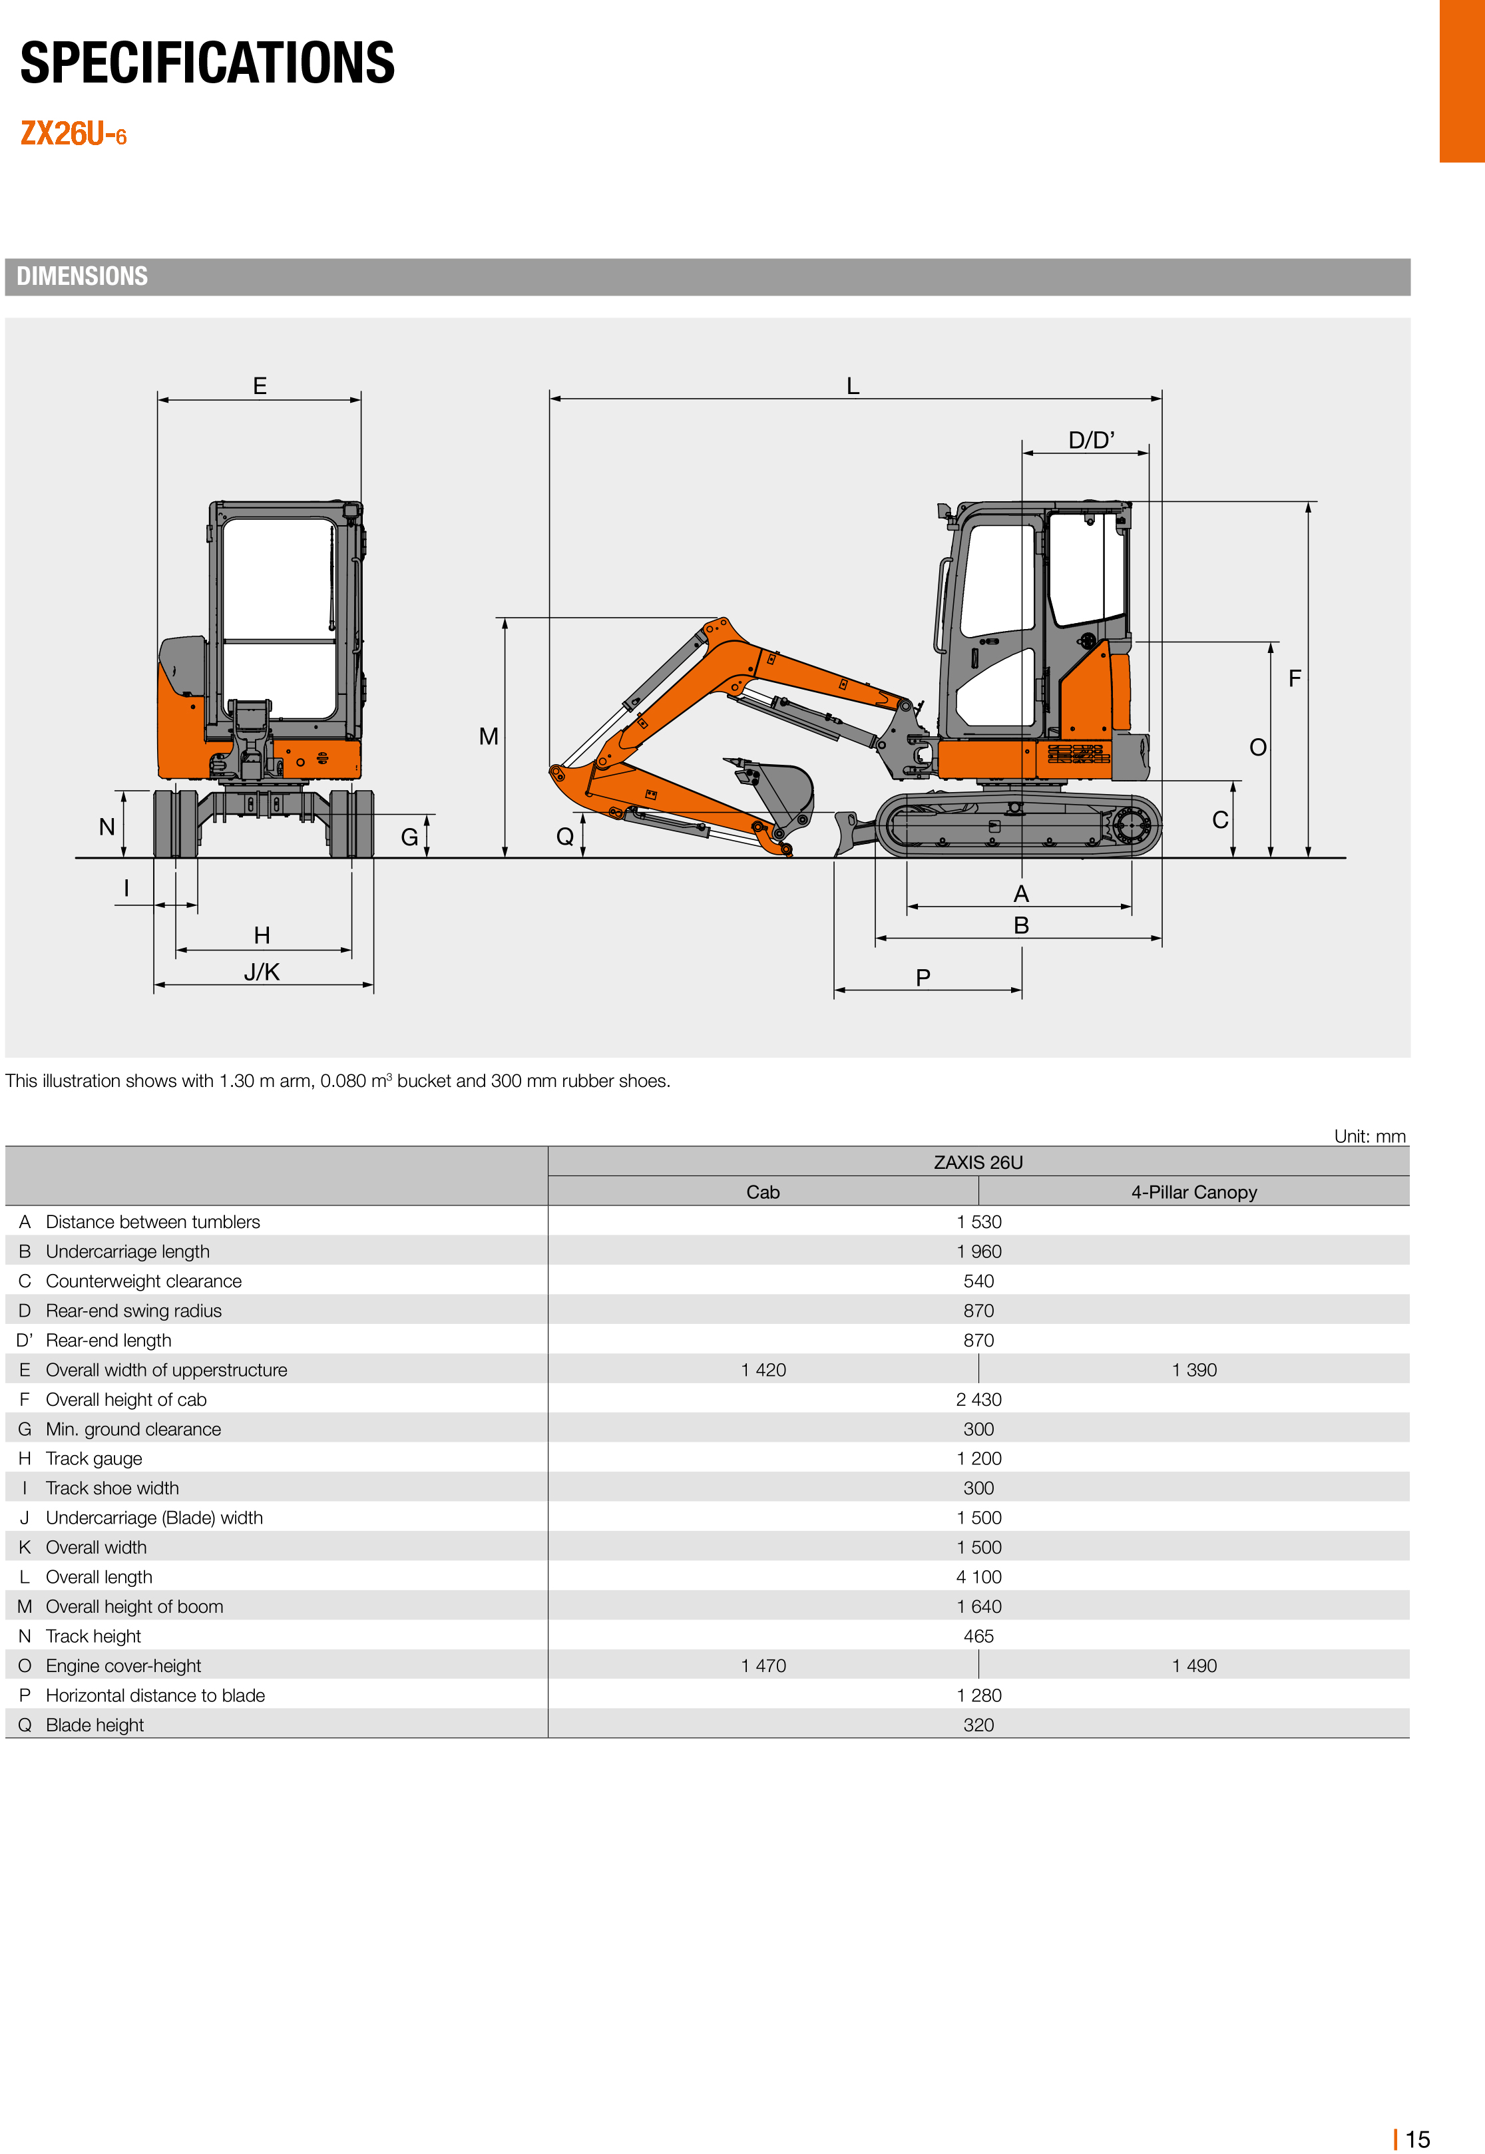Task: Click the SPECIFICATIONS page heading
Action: pos(208,63)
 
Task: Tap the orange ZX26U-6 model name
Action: pos(73,134)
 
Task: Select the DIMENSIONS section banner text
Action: pos(82,276)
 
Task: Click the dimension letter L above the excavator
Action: pos(852,386)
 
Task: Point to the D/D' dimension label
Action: pos(1090,440)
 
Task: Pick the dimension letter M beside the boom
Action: pos(489,736)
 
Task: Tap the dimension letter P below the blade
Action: pos(923,977)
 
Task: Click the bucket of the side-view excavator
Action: pos(781,791)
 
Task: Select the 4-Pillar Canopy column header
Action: pos(1193,1192)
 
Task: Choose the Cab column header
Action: pos(762,1192)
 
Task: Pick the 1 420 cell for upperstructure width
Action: pos(763,1370)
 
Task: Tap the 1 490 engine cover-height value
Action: pos(1193,1665)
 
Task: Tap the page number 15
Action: pos(1416,2139)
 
